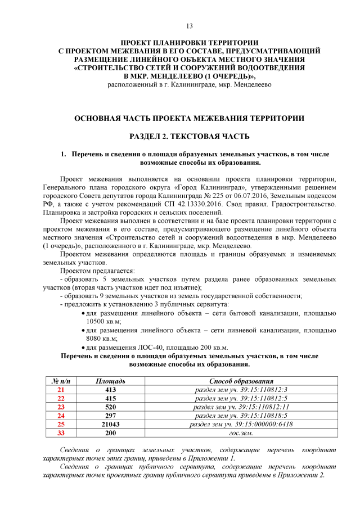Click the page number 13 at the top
(x=190, y=26)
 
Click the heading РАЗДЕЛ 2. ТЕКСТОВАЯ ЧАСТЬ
(x=190, y=137)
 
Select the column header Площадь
(x=110, y=381)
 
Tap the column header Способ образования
(x=241, y=381)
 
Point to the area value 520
(x=110, y=407)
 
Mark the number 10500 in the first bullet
(x=97, y=321)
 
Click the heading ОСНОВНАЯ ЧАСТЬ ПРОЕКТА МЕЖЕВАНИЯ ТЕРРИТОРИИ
(x=190, y=119)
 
